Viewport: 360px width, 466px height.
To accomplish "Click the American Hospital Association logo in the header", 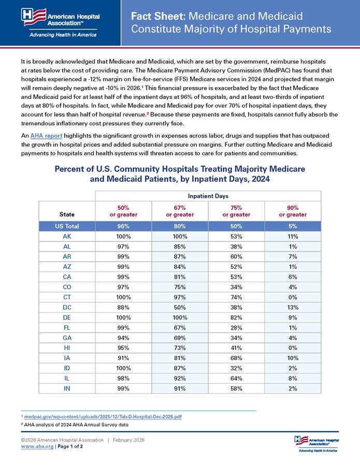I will point(61,23).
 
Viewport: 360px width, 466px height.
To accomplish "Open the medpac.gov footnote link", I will point(103,417).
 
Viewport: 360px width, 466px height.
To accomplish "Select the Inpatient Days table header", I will point(208,196).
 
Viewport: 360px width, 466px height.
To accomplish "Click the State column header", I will point(67,214).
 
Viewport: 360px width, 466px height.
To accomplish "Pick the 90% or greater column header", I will point(292,211).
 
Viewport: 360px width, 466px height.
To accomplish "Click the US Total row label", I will point(67,226).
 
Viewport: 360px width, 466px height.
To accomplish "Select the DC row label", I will point(67,307).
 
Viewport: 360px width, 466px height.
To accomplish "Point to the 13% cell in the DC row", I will point(292,307).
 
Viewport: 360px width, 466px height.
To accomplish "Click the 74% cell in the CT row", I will point(236,297).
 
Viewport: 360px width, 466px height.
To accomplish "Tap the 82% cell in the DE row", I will point(236,317).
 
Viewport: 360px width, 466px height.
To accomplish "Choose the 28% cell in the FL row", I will point(236,327).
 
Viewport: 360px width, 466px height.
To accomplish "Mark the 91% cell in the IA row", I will point(123,358).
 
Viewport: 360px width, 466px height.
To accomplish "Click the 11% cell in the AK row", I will point(292,237).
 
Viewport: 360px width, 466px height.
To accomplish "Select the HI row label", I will point(67,347).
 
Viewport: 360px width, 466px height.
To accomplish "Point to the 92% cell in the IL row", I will point(180,378).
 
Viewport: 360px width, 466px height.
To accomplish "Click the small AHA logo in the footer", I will point(316,443).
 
